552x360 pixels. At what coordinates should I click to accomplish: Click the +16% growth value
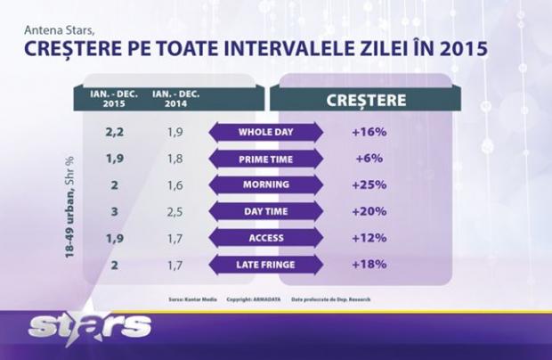point(367,133)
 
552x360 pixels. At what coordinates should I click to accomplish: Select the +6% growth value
point(367,159)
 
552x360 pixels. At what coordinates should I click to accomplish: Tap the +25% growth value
point(367,185)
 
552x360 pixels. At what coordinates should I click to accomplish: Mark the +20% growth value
point(367,212)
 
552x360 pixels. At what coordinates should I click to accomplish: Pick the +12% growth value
point(367,238)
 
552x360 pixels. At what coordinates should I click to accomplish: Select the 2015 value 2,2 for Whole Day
point(115,133)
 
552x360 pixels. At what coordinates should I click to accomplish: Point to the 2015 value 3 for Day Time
point(115,212)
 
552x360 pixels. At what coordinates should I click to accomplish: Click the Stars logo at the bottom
point(89,326)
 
